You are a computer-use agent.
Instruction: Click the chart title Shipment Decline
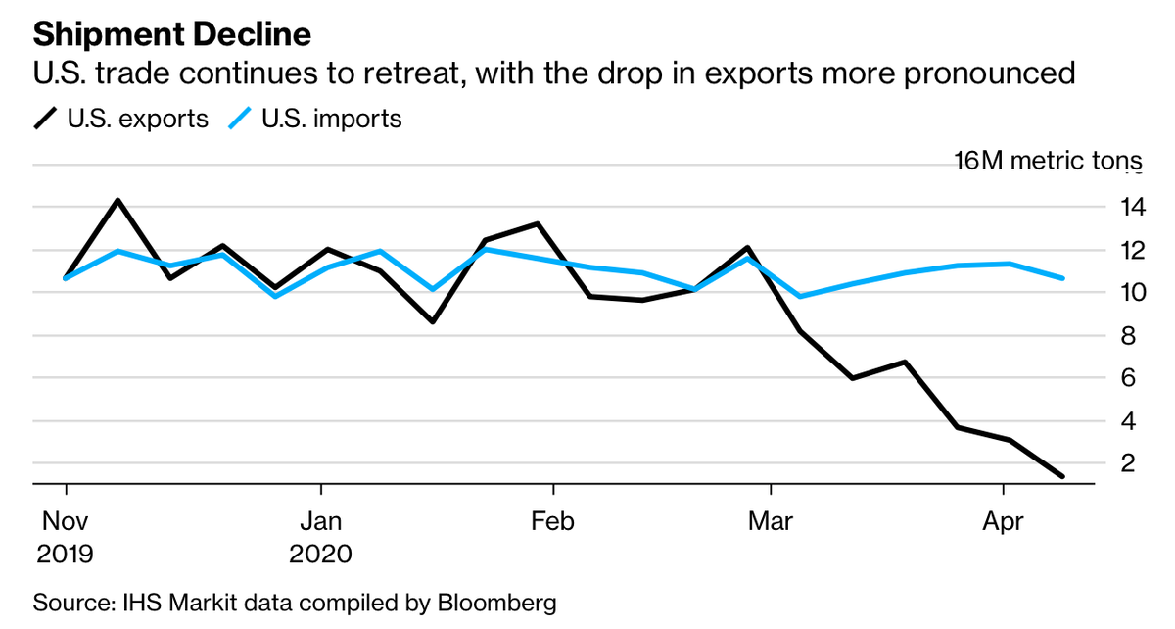point(172,35)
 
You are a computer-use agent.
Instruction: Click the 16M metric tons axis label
point(1048,162)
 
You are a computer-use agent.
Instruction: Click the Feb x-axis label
point(553,521)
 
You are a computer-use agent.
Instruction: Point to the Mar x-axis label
point(771,521)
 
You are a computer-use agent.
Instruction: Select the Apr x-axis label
point(1003,521)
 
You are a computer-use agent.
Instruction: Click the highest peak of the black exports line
point(118,201)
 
